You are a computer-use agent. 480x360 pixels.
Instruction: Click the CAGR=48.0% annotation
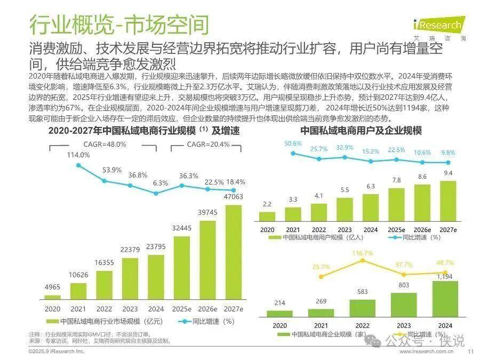105,144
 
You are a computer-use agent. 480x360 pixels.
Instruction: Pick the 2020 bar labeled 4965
52,297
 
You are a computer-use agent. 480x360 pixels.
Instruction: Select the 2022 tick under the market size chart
104,309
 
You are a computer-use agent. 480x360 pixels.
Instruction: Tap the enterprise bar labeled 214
279,314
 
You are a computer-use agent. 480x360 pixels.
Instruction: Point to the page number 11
470,351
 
